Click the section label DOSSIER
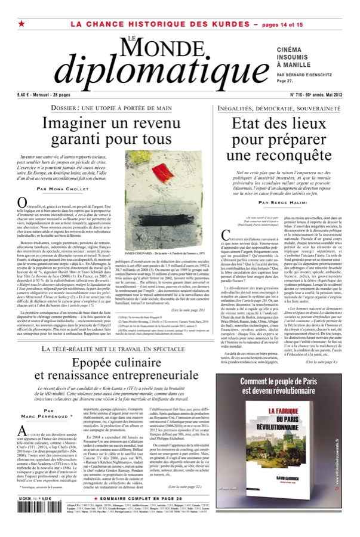[x=72, y=108]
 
